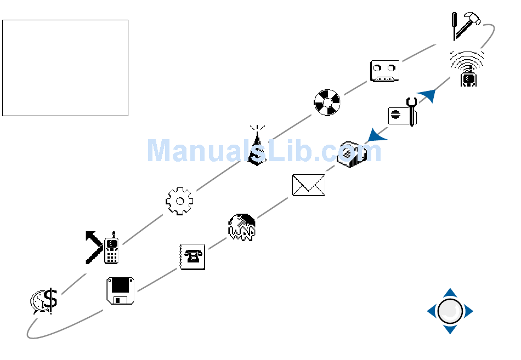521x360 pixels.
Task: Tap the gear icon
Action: tap(179, 201)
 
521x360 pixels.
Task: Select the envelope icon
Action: tap(308, 185)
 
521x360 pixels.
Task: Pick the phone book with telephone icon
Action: tap(192, 256)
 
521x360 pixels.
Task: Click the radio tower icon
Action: tap(256, 146)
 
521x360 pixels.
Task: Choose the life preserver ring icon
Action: tap(327, 102)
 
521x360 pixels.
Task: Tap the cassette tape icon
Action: tap(384, 71)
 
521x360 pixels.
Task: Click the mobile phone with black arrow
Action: tap(103, 248)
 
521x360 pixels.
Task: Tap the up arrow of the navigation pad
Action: tap(450, 293)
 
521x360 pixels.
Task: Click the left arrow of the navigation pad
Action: tap(432, 312)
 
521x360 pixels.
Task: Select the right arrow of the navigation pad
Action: tap(468, 312)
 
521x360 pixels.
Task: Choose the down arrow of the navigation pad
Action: tap(450, 330)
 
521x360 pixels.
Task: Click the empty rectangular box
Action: tap(65, 68)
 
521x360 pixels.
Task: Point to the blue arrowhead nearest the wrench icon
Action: tap(427, 95)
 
